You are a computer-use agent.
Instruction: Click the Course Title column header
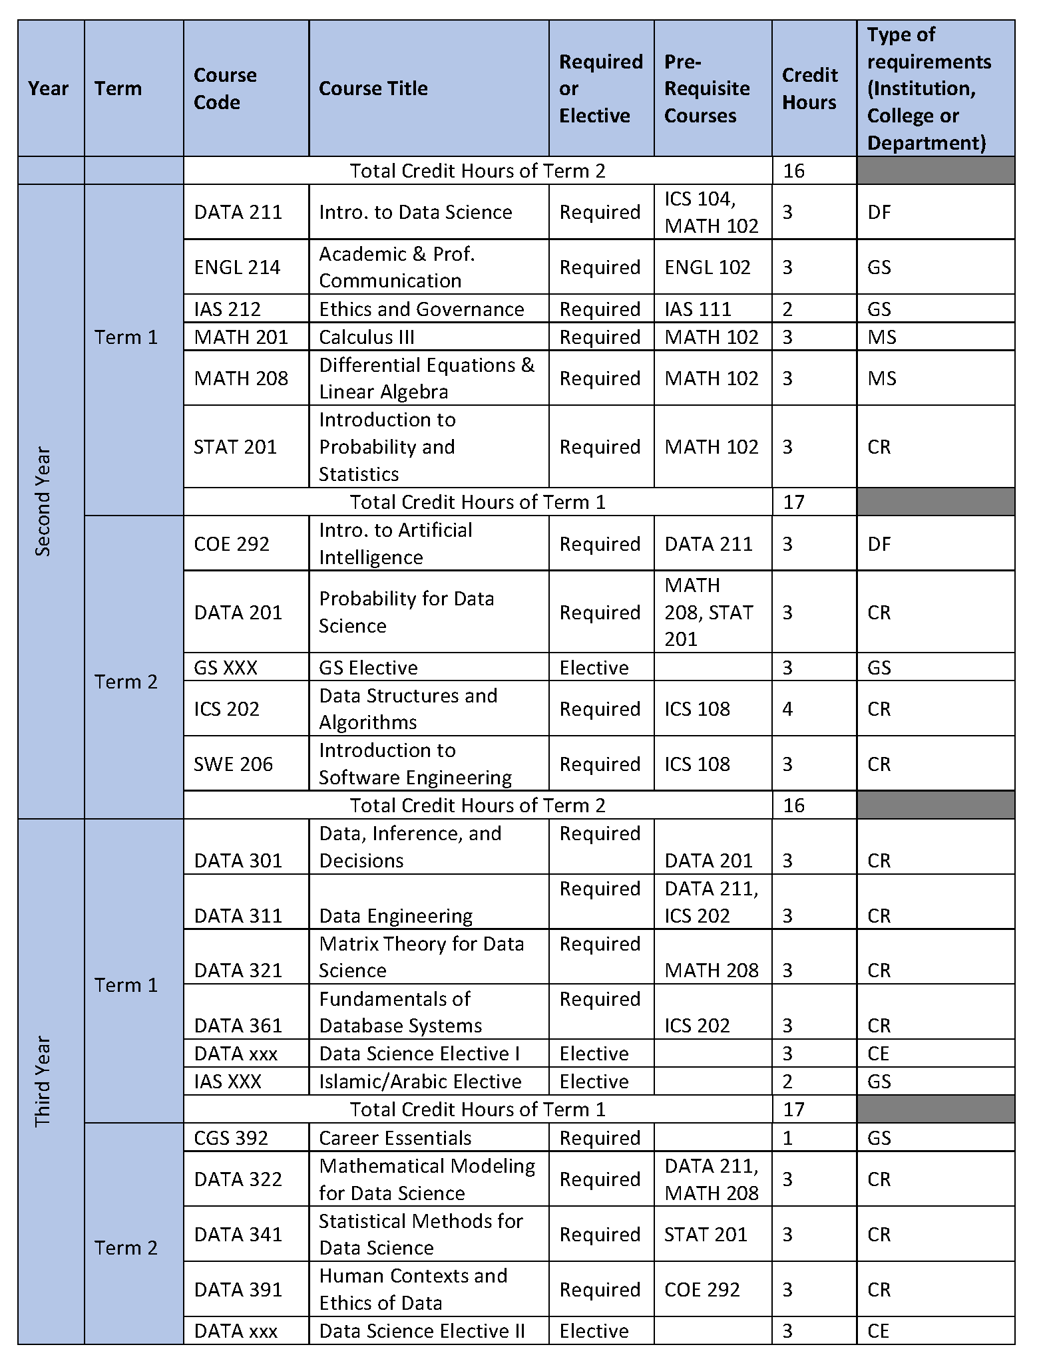373,88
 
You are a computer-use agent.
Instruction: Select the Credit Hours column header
809,88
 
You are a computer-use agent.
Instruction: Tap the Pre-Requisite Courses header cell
707,88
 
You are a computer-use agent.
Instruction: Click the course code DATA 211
238,212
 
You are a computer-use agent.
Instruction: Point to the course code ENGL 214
237,267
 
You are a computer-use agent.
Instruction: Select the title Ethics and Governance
421,309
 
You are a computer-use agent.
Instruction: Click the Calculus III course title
367,337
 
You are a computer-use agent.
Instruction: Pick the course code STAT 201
235,447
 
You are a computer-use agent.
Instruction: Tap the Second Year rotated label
43,502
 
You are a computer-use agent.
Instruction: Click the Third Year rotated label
43,1081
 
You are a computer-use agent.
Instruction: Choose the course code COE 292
232,544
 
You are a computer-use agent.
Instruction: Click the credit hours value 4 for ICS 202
787,709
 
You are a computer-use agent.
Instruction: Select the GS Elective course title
368,668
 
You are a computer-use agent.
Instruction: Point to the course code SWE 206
233,764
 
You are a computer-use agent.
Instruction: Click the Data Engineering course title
396,916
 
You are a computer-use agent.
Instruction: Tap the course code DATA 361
238,1026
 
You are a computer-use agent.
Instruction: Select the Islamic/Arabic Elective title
420,1082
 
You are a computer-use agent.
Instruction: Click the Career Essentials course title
395,1138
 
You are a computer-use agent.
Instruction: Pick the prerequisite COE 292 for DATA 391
702,1290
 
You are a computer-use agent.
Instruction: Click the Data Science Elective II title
422,1331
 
